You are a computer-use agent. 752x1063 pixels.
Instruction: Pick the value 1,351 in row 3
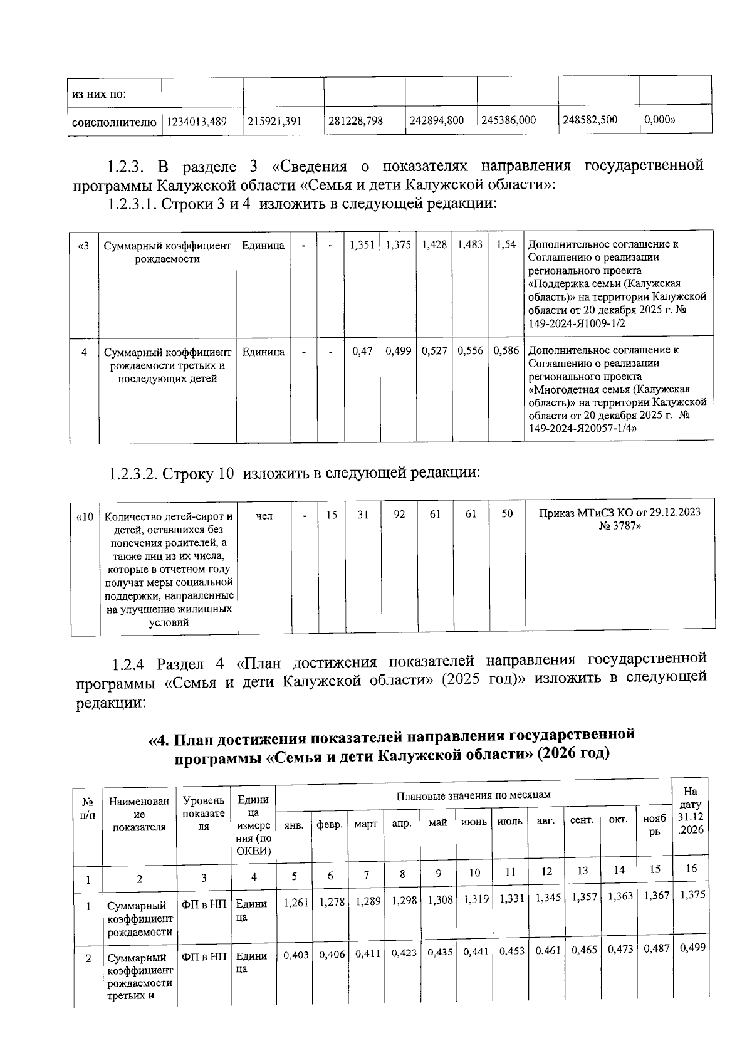pos(362,245)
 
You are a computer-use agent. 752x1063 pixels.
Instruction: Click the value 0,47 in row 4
pos(362,352)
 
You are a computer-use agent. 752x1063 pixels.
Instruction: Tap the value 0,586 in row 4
pos(506,351)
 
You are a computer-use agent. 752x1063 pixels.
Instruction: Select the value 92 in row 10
pos(399,515)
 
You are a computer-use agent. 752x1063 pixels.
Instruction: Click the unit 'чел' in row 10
pos(264,515)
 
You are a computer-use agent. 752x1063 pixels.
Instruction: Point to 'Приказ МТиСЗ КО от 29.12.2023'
pos(620,513)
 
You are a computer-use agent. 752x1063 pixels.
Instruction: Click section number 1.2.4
pos(130,664)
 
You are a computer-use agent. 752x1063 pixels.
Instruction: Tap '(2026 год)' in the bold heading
pos(572,752)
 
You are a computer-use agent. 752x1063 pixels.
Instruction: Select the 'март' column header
pos(365,824)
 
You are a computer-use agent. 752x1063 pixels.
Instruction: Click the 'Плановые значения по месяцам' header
pos(473,795)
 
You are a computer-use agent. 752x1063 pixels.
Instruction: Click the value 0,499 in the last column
pos(692,947)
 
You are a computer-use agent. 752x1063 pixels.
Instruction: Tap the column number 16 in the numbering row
pos(691,869)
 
